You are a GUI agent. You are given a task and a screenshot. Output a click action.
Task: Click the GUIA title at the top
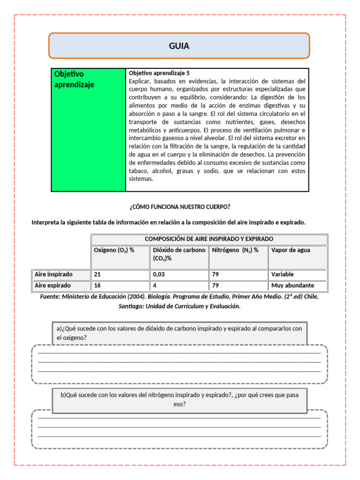(179, 46)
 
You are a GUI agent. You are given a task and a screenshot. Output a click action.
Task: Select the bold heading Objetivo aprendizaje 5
(159, 73)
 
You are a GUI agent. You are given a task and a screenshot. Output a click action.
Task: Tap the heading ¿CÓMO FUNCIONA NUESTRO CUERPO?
(180, 207)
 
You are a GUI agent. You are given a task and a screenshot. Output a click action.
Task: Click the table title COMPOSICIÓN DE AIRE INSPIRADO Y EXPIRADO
(209, 239)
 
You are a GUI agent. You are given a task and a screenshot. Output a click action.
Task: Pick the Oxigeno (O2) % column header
(114, 250)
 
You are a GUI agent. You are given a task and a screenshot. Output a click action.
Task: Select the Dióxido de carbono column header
(179, 250)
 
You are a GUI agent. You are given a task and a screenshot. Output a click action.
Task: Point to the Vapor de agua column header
(291, 250)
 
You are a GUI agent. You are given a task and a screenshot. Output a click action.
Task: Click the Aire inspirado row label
(54, 274)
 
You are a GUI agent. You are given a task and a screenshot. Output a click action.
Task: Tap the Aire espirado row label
(53, 285)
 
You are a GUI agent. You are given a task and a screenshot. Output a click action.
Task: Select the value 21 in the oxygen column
(97, 274)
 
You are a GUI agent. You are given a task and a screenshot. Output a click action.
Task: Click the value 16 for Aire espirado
(97, 285)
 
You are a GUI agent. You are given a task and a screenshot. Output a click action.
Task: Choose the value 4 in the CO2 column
(155, 285)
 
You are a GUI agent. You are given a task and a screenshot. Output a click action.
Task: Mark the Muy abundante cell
(292, 285)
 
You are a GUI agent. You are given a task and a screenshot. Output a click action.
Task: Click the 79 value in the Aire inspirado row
(216, 274)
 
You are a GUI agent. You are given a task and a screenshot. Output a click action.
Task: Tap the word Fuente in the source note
(50, 297)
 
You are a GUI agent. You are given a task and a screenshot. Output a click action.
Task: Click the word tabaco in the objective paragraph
(138, 171)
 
